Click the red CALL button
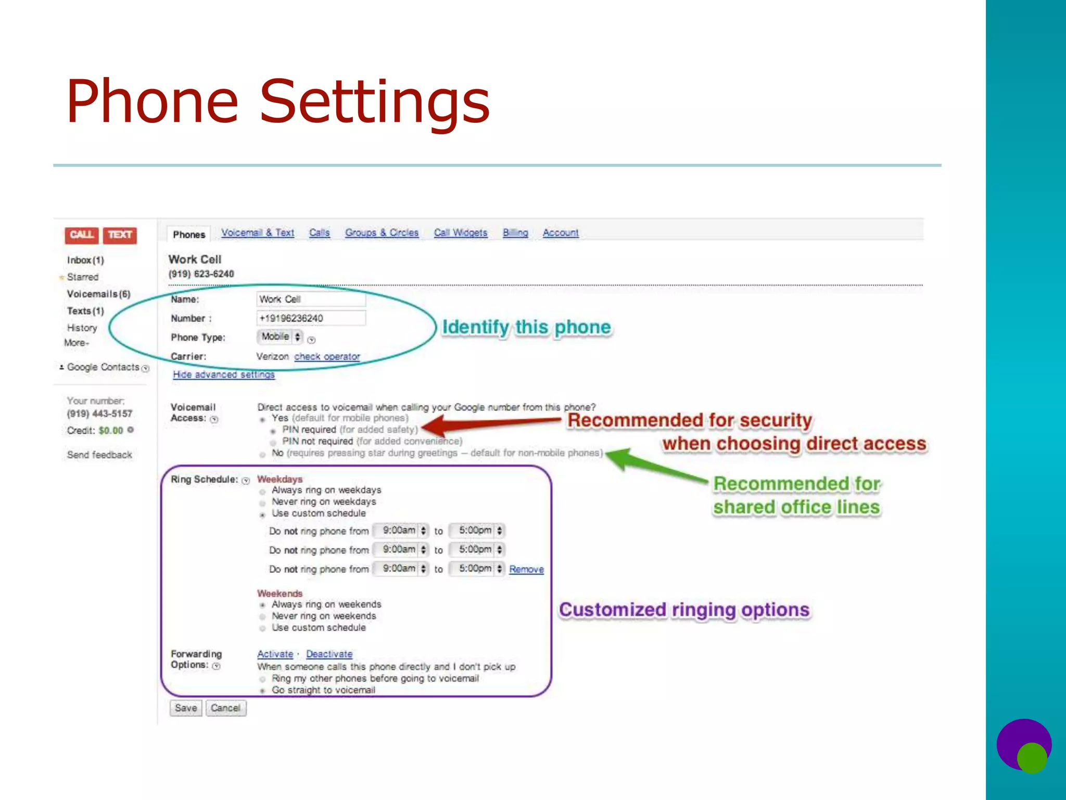point(81,235)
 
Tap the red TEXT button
point(120,235)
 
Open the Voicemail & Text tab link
point(258,233)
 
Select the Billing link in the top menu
point(515,233)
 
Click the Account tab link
point(561,233)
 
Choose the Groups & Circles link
point(382,233)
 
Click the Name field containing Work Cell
point(311,299)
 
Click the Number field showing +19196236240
point(311,318)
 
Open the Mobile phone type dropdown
point(280,337)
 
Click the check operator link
point(327,357)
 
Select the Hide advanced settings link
point(224,374)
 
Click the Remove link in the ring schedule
point(526,569)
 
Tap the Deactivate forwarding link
point(329,654)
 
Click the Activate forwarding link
point(275,654)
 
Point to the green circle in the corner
point(1031,758)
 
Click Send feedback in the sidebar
point(99,455)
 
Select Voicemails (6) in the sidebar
point(98,294)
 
